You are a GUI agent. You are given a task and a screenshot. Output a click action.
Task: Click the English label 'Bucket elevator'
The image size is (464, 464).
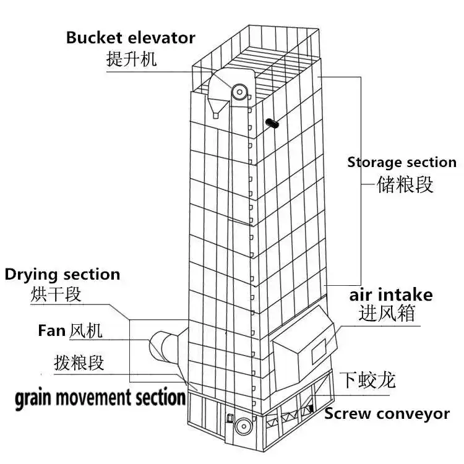131,37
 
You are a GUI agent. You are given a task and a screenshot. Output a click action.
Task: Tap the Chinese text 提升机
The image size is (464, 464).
132,59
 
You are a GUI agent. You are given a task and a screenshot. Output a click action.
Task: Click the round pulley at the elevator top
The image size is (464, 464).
239,92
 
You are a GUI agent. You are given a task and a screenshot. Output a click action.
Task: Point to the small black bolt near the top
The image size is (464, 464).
272,124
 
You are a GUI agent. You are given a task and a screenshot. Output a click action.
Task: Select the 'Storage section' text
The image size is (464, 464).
402,163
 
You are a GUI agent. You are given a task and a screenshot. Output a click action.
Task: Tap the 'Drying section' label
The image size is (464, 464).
62,273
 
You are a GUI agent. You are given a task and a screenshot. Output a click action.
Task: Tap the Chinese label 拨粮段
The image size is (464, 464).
79,363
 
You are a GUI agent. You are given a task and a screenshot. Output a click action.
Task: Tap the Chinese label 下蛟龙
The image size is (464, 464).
369,379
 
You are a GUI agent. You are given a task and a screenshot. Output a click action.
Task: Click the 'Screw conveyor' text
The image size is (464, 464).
387,414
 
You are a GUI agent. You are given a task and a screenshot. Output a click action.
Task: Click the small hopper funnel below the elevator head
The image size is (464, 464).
216,113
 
